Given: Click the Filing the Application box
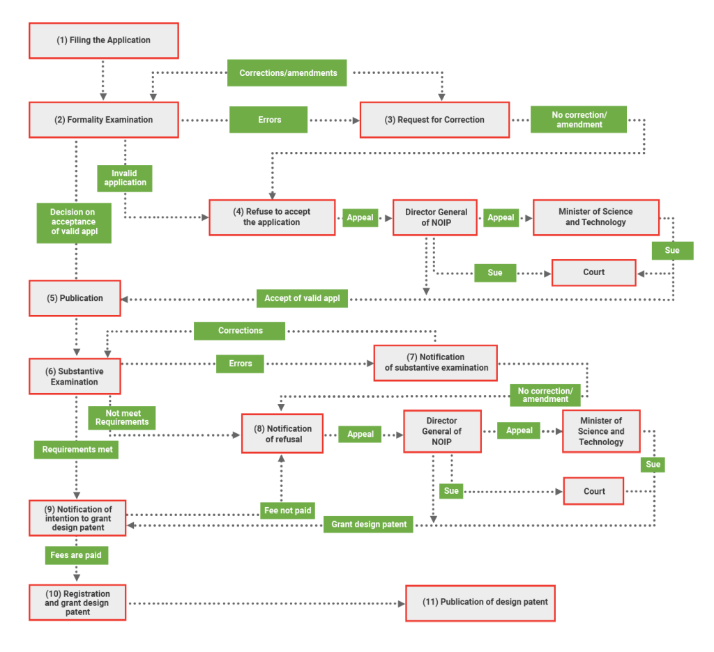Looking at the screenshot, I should pyautogui.click(x=103, y=40).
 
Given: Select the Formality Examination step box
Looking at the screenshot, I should pyautogui.click(x=103, y=120).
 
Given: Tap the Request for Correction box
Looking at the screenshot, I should pyautogui.click(x=434, y=120).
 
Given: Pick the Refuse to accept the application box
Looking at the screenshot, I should pyautogui.click(x=272, y=217).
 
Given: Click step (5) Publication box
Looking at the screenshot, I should pyautogui.click(x=75, y=298).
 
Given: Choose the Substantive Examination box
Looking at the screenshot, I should pyautogui.click(x=75, y=377).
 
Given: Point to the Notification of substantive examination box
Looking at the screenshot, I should pyautogui.click(x=436, y=362).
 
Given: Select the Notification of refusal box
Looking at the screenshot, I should pyautogui.click(x=282, y=434).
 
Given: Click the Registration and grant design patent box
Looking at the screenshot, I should pyautogui.click(x=77, y=603).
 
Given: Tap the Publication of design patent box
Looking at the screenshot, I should pyautogui.click(x=480, y=603).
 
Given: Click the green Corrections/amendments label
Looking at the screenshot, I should pyautogui.click(x=287, y=73).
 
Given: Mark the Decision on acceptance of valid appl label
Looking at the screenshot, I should pyautogui.click(x=74, y=222).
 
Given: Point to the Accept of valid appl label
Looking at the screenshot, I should pyautogui.click(x=302, y=298).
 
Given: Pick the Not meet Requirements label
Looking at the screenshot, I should pyautogui.click(x=122, y=418).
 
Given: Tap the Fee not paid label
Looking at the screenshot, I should pyautogui.click(x=287, y=511).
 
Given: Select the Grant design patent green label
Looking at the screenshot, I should pyautogui.click(x=368, y=524).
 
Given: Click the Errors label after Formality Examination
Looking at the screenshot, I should pyautogui.click(x=269, y=120).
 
